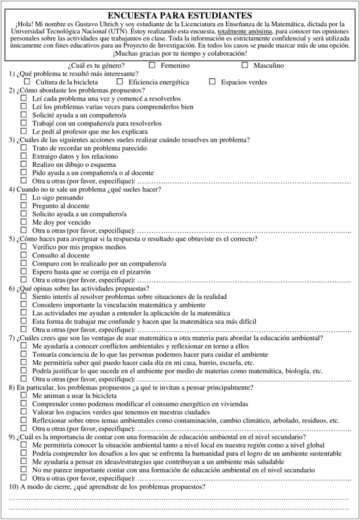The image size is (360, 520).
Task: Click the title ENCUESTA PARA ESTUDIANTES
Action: click(180, 16)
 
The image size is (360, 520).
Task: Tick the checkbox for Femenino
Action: click(152, 65)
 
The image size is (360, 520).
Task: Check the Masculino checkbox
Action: click(244, 65)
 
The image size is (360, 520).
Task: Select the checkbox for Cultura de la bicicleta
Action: click(26, 81)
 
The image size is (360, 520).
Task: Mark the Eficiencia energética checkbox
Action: click(119, 81)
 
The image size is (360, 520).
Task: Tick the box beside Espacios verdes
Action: click(212, 81)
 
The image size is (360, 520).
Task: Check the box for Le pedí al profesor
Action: click(23, 131)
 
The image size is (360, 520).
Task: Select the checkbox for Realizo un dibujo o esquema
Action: click(23, 164)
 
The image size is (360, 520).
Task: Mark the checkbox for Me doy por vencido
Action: click(23, 221)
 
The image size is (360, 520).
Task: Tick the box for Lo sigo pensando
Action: click(23, 197)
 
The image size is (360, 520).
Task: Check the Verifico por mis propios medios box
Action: click(23, 246)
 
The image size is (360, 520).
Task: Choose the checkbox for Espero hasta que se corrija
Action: click(23, 271)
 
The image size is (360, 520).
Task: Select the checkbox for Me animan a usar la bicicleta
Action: click(23, 394)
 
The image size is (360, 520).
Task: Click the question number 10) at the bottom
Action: click(14, 486)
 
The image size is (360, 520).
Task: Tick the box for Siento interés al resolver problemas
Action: click(23, 296)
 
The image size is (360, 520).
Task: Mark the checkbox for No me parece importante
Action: click(23, 469)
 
